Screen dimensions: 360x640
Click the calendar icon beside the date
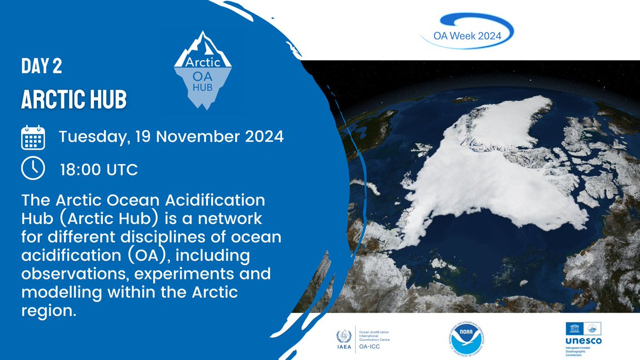tap(34, 138)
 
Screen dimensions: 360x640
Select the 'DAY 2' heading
tap(42, 66)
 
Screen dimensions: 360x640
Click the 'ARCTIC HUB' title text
tap(74, 99)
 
